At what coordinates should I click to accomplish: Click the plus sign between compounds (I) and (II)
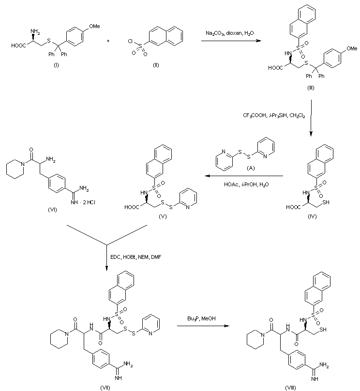107,41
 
